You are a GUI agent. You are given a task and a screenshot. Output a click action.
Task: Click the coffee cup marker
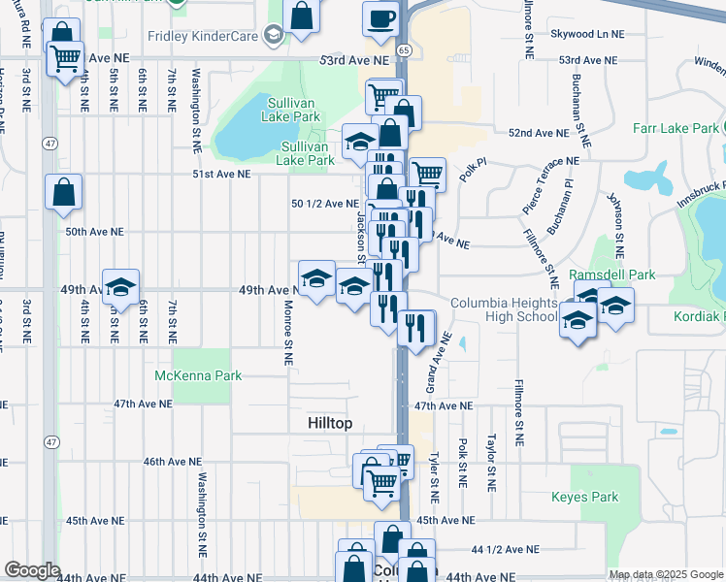click(380, 17)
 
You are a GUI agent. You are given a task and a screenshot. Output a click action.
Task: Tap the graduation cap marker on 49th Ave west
click(121, 286)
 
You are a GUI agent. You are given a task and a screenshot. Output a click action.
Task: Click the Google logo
click(32, 570)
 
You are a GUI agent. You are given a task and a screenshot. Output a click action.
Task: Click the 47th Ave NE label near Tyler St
click(443, 405)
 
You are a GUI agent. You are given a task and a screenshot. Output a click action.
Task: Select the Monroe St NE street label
click(288, 331)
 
